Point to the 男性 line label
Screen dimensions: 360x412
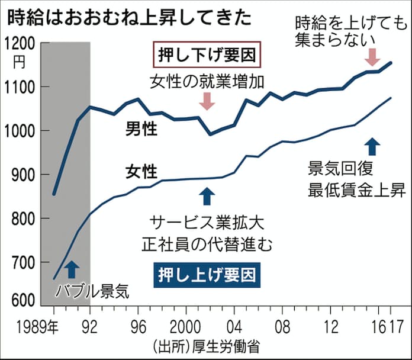click(141, 129)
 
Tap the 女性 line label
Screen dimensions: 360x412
click(141, 172)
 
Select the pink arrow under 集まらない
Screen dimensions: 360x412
click(372, 57)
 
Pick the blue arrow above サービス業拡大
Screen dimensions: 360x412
click(206, 195)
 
